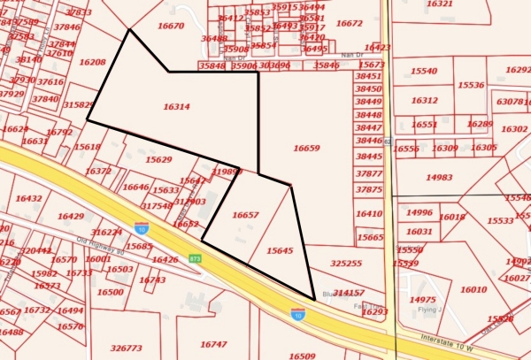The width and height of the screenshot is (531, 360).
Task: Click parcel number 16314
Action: coord(176,106)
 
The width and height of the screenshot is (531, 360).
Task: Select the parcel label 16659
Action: coord(306,149)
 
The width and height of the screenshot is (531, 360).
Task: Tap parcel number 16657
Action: coord(245,215)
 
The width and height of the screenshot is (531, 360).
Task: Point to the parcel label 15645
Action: coord(279,251)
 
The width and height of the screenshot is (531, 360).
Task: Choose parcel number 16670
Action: coord(170,26)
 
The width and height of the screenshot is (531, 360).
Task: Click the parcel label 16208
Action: coord(92,62)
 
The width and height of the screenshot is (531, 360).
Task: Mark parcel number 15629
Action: coord(158,159)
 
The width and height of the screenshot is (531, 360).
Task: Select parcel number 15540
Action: coord(424,70)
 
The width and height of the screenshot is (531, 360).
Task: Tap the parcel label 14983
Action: coord(439,177)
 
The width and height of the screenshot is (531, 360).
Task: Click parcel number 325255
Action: coord(346,263)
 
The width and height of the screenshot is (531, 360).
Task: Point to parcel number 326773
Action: coord(127,348)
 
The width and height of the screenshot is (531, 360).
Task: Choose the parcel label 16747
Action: coord(213,344)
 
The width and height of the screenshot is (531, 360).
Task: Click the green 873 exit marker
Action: coord(195,258)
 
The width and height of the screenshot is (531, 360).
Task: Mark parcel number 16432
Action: coord(28,199)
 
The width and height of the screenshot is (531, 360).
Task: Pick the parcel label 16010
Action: coord(473,289)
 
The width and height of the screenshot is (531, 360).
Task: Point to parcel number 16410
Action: coord(368,213)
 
